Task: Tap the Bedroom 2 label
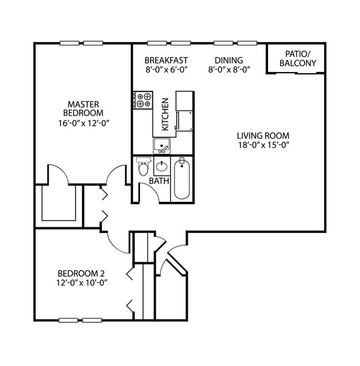click(81, 273)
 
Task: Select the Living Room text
click(263, 135)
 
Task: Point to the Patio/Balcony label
click(297, 58)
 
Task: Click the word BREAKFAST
click(166, 60)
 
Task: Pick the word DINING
click(229, 60)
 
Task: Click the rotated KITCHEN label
click(165, 114)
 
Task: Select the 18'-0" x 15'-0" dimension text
click(263, 145)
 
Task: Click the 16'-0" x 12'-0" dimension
click(83, 123)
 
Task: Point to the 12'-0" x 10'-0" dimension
click(81, 283)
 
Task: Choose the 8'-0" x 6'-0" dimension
click(166, 70)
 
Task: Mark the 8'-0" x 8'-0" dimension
click(229, 70)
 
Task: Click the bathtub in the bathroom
click(182, 179)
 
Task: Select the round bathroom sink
click(162, 166)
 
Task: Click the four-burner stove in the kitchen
click(143, 100)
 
